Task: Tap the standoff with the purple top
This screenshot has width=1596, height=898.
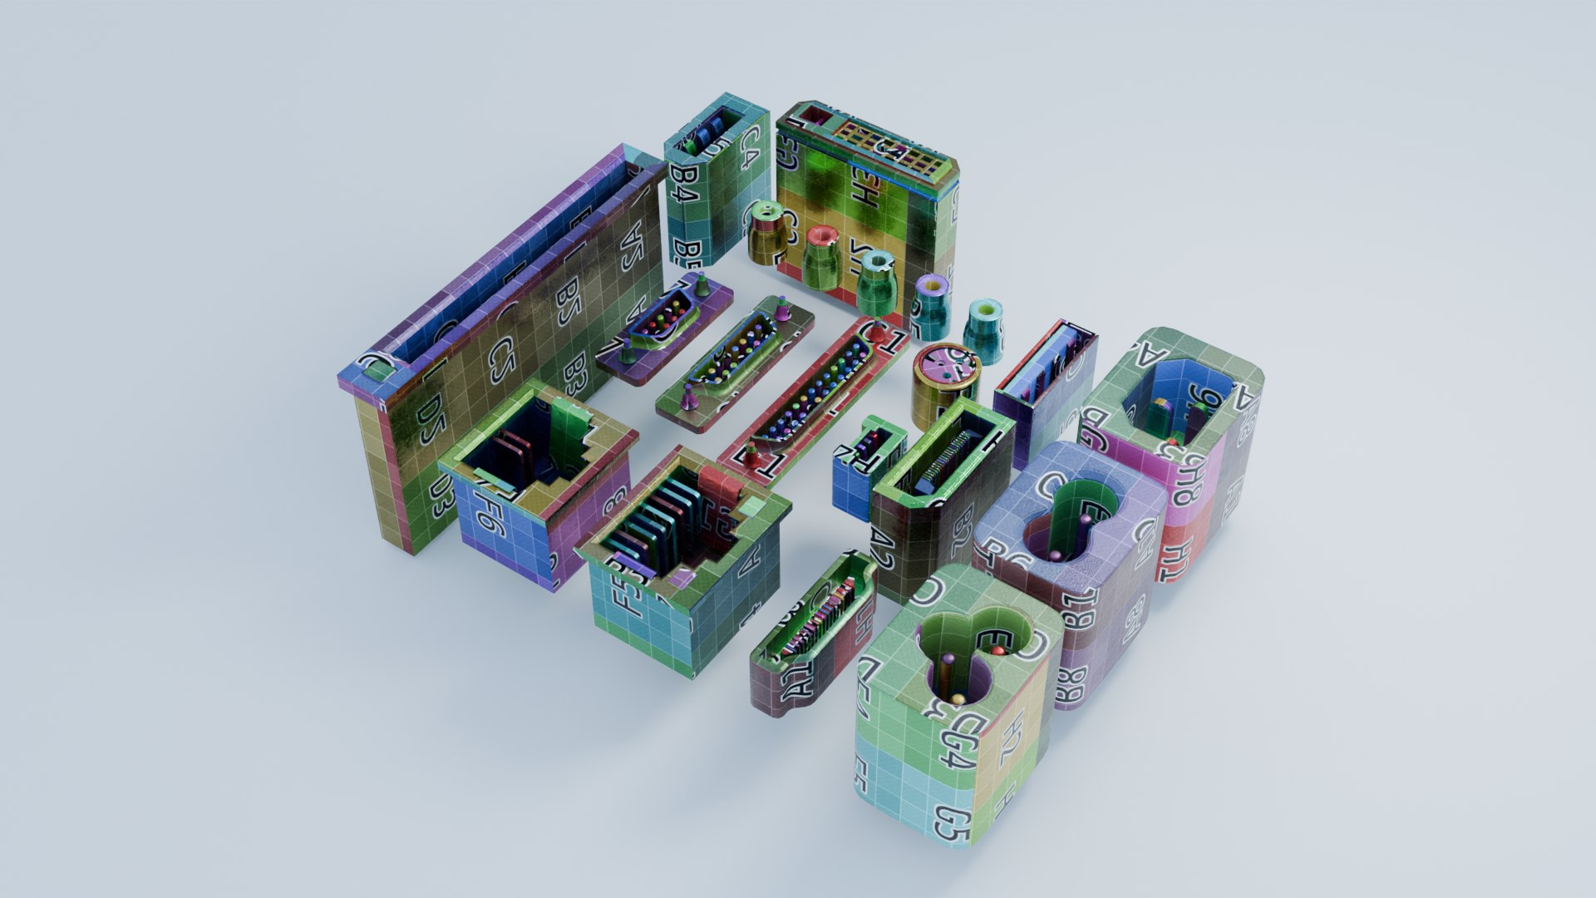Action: (x=931, y=306)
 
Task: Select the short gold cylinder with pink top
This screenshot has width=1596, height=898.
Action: (x=946, y=384)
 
